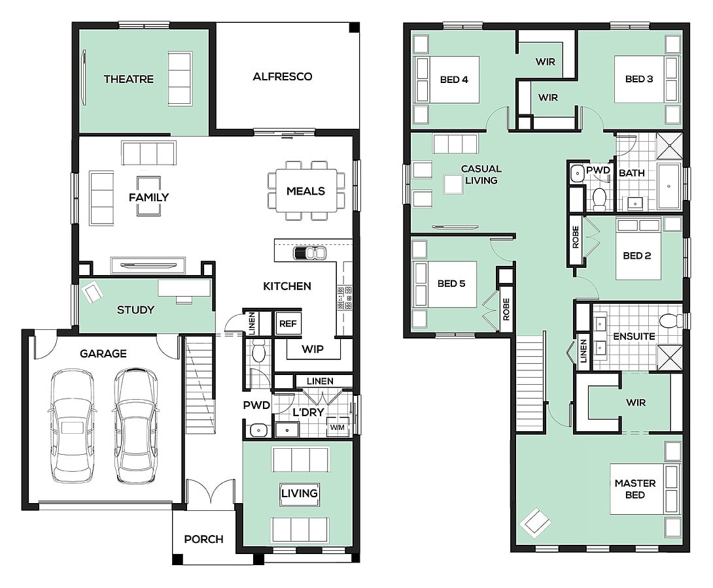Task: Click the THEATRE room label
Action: (x=129, y=79)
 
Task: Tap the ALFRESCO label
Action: (x=283, y=76)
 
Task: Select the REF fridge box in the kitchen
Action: (x=288, y=323)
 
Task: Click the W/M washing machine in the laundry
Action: (x=338, y=427)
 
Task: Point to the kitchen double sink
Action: (x=309, y=253)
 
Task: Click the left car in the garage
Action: (x=73, y=425)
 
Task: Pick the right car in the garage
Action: (x=136, y=425)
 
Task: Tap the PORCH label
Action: (x=203, y=539)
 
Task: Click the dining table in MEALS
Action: (x=305, y=191)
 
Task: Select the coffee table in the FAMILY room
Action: (x=148, y=196)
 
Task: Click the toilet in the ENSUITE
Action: (x=670, y=321)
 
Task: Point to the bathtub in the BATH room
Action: (x=669, y=186)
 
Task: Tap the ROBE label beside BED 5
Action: (x=506, y=309)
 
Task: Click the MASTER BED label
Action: (x=635, y=489)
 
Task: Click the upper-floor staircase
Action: (x=530, y=384)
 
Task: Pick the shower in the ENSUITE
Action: (x=670, y=357)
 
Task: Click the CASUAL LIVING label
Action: (x=481, y=174)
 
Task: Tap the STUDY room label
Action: (x=135, y=310)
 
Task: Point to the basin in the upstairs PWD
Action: (x=578, y=173)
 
